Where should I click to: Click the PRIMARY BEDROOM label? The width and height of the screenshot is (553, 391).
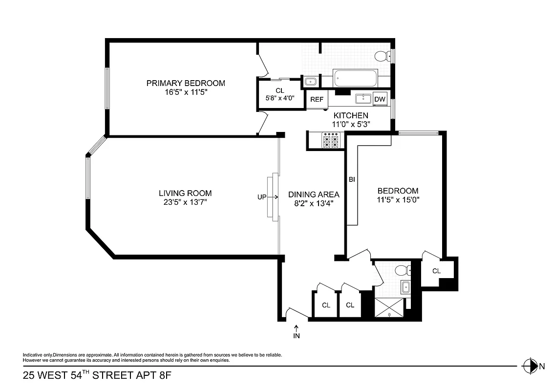tap(186, 83)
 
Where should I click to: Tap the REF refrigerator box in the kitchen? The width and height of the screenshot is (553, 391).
tap(317, 99)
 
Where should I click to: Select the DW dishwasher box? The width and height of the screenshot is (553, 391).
tap(380, 99)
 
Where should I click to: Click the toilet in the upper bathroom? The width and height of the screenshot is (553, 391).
tap(383, 57)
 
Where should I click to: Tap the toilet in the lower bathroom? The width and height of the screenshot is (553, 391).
tap(402, 270)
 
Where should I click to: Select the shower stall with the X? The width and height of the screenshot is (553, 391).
tap(389, 307)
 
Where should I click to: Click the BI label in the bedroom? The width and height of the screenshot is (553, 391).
tap(351, 179)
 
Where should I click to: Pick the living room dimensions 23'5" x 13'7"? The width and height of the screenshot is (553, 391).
tap(185, 202)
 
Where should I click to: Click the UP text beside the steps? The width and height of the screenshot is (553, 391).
tap(262, 197)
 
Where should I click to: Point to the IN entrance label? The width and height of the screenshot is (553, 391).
tap(297, 336)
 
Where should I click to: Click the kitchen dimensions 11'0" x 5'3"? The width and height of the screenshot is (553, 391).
tap(351, 124)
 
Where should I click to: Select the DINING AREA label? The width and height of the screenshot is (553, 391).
tap(314, 194)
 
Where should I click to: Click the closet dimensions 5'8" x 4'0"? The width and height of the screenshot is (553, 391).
tap(279, 98)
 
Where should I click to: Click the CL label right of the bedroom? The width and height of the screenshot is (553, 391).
tap(436, 271)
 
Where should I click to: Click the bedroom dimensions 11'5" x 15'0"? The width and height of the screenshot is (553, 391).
tap(398, 199)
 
